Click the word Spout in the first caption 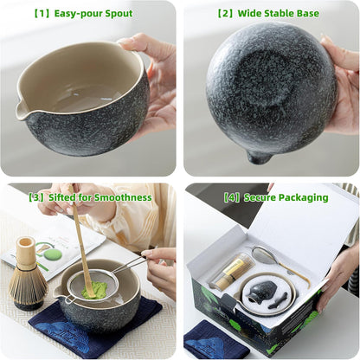coord(119,14)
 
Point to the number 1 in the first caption coord(42,14)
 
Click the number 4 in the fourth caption coord(232,198)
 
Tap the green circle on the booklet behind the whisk coord(53,254)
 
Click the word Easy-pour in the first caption coord(78,14)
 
